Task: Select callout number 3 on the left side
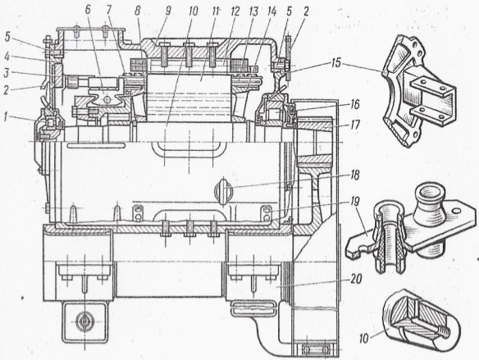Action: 7,74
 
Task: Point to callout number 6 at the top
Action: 88,11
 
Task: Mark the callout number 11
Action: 216,11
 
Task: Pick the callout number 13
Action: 253,11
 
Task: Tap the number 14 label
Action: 271,11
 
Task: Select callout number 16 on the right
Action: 354,105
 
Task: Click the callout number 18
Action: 354,175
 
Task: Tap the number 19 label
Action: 354,202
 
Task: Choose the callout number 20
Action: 355,279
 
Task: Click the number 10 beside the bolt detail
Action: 364,339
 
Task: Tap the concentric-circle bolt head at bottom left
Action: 84,322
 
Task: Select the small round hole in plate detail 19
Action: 456,211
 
